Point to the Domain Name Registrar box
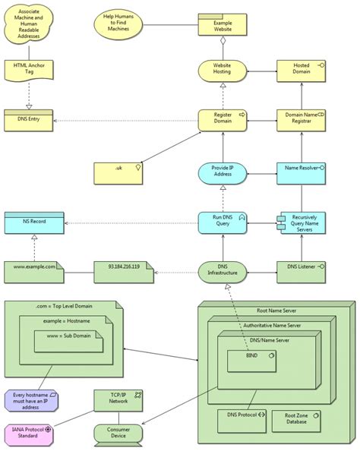(x=302, y=120)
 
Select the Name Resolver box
(x=302, y=173)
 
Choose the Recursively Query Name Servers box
(x=302, y=222)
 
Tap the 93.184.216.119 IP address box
(x=125, y=270)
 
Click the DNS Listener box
(x=302, y=270)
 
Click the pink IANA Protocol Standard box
(x=31, y=434)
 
